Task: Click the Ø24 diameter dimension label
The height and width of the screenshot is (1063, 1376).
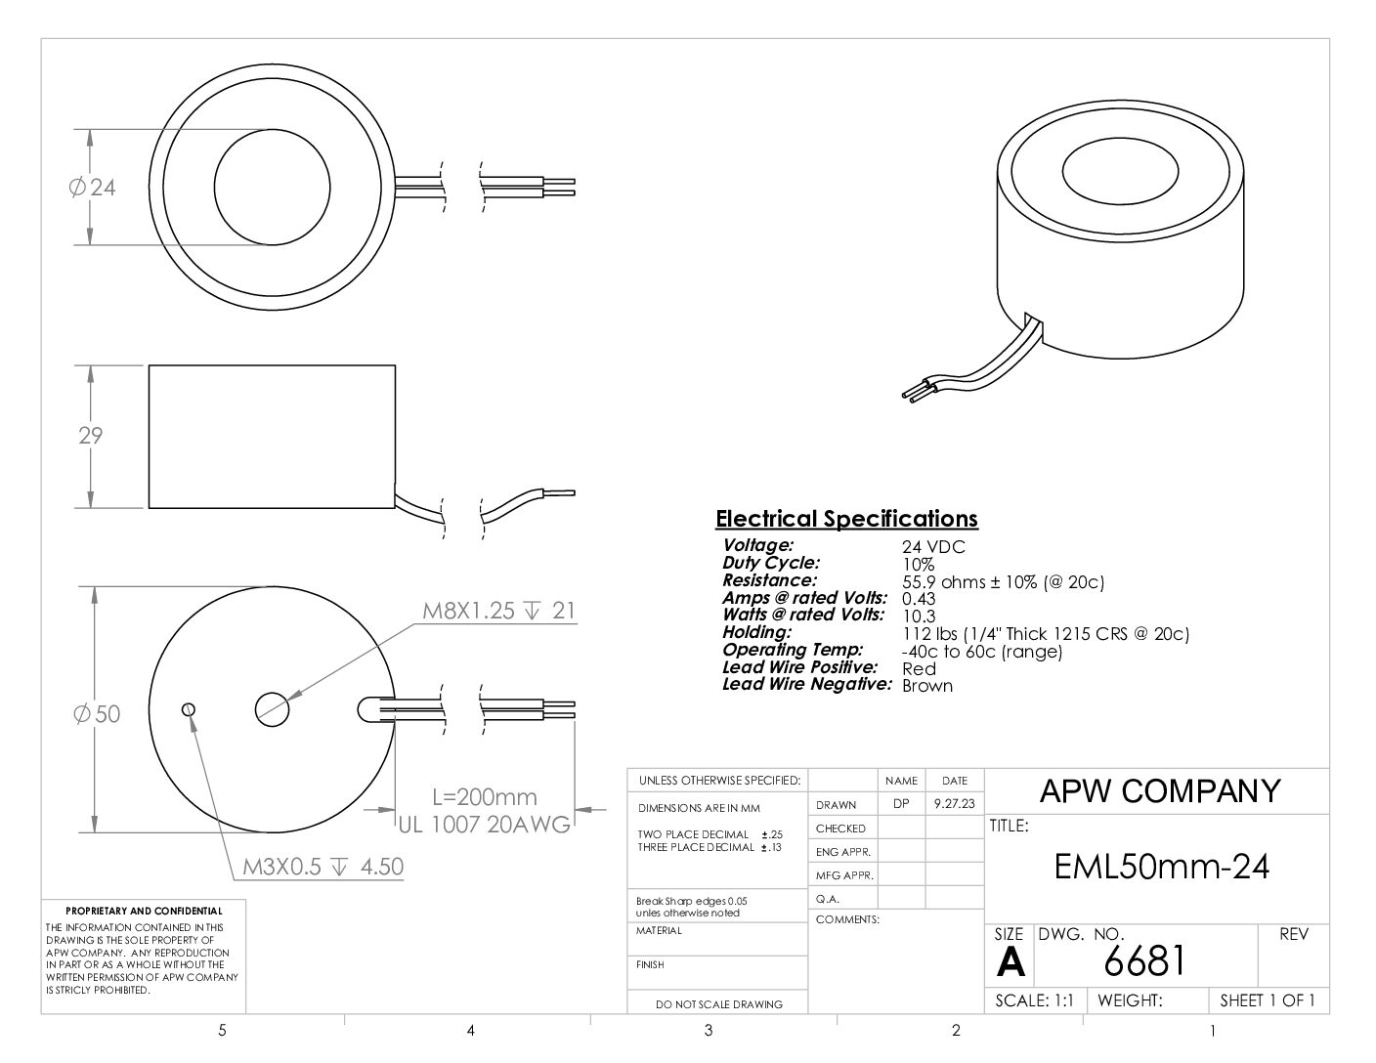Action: [92, 188]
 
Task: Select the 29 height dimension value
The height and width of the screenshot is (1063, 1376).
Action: [91, 436]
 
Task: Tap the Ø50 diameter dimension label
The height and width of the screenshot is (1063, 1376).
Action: [96, 714]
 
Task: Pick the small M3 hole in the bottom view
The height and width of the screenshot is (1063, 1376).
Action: [188, 709]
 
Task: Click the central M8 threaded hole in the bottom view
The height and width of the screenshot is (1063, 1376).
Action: [273, 709]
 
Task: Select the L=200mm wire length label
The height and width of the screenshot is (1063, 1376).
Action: [485, 797]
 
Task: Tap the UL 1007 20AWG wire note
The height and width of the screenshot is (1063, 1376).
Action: [485, 825]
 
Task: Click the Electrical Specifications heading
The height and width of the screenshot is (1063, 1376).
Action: [846, 519]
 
